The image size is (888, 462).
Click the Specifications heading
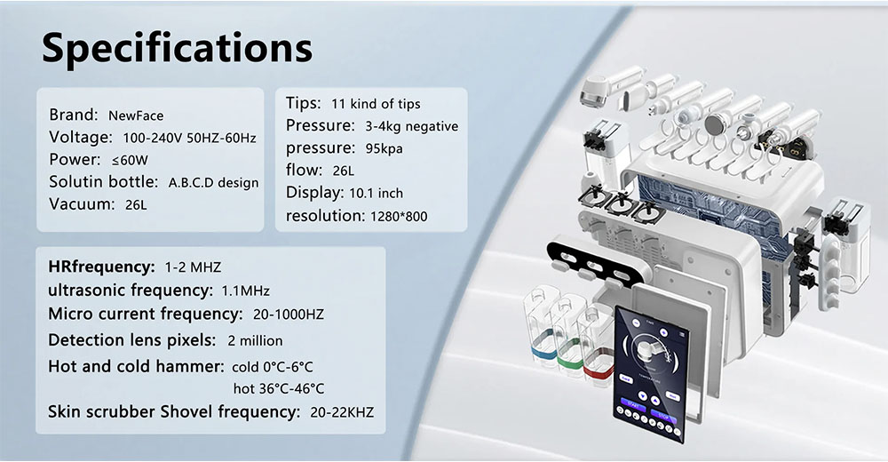click(177, 49)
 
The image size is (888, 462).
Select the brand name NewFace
click(136, 115)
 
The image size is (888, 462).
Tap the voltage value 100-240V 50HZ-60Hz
click(190, 138)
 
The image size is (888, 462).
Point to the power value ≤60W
click(130, 161)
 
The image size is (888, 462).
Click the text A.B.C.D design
click(213, 183)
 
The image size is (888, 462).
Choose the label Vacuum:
click(82, 204)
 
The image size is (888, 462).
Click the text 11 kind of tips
click(376, 104)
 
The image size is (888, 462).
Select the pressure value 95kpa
click(384, 148)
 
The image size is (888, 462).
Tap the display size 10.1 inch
click(376, 194)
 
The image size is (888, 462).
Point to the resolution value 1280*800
click(399, 216)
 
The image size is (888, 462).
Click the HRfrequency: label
click(101, 267)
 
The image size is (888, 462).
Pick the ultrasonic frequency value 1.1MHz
click(245, 291)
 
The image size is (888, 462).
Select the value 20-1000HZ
click(289, 315)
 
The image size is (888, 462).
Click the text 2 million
click(255, 340)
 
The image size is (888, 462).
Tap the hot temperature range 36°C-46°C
click(279, 389)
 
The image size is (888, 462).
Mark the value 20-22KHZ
click(342, 412)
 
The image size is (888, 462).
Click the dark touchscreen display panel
click(651, 374)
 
